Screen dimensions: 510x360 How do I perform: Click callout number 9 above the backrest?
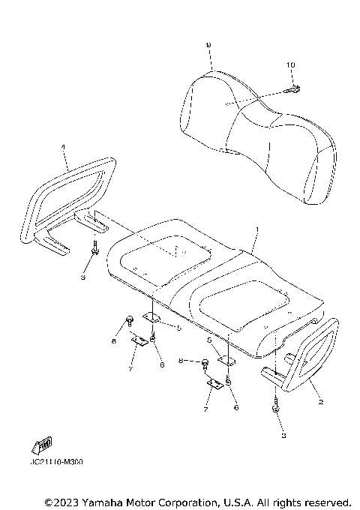pos(208,46)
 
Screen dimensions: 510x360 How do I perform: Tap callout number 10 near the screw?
pos(291,67)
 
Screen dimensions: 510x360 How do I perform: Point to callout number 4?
pos(64,148)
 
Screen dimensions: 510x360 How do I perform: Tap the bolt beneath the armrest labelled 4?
pos(95,250)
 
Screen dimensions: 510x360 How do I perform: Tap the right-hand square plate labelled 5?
pos(227,360)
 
